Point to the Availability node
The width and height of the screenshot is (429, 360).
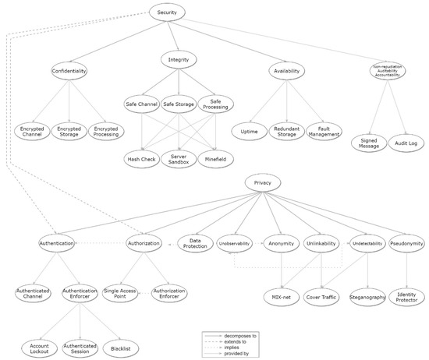click(x=288, y=71)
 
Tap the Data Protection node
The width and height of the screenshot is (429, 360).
click(x=195, y=244)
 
